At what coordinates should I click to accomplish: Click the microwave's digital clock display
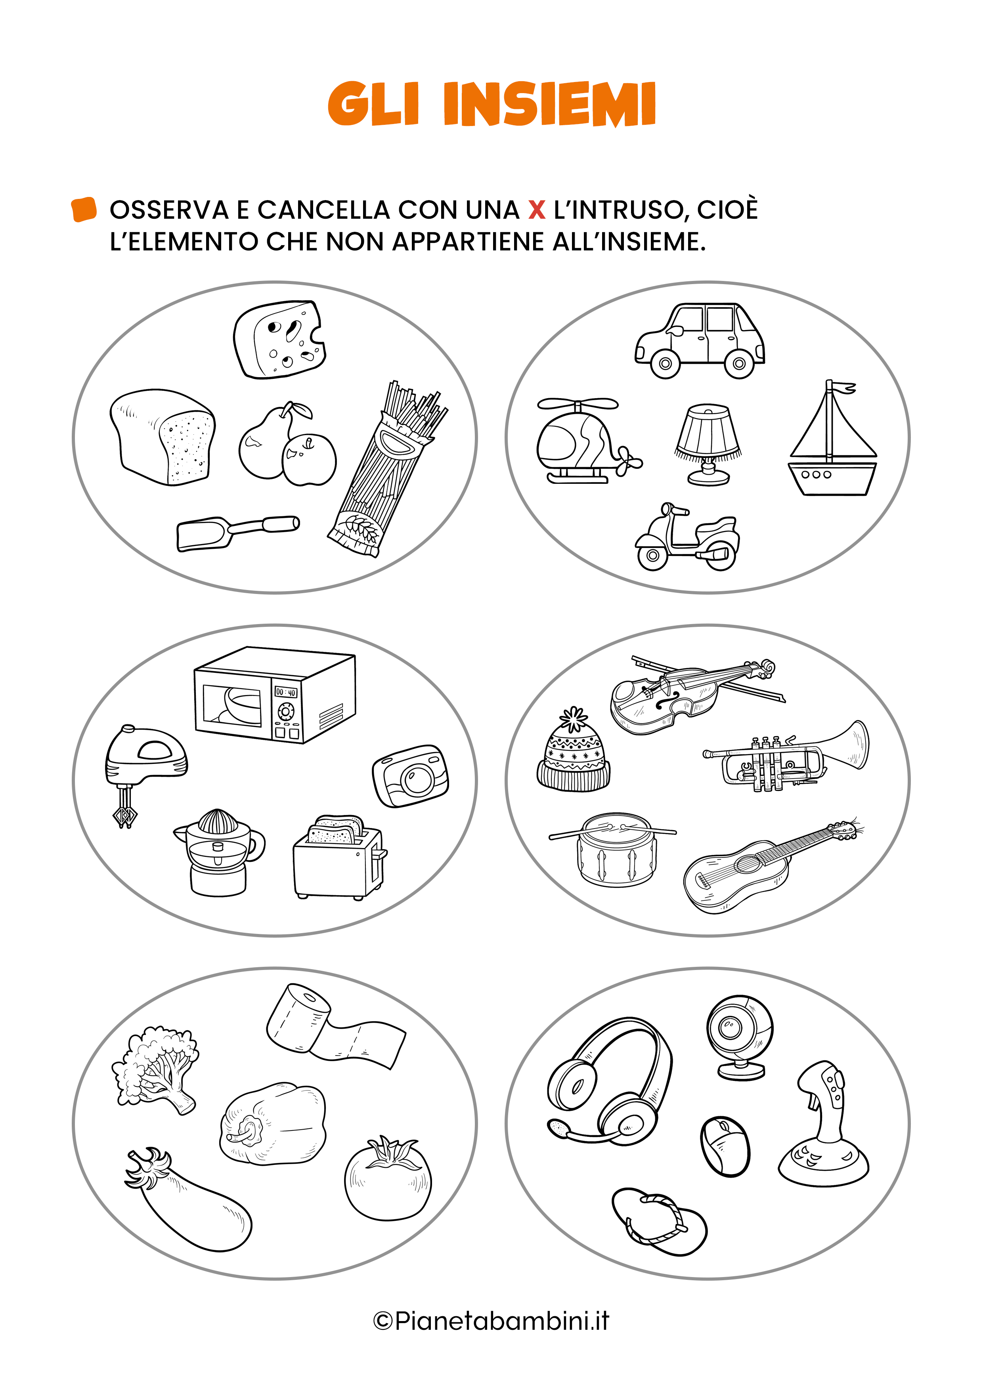pyautogui.click(x=286, y=692)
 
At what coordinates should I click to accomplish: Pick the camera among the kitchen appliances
pyautogui.click(x=411, y=776)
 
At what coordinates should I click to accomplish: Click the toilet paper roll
pyautogui.click(x=335, y=1026)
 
